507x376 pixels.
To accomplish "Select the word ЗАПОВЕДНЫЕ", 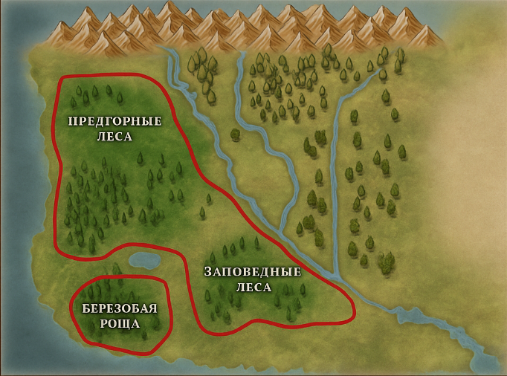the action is pyautogui.click(x=253, y=271).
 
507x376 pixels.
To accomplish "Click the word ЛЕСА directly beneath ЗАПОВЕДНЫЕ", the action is pyautogui.click(x=253, y=286).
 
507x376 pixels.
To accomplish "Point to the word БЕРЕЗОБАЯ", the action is pyautogui.click(x=120, y=309).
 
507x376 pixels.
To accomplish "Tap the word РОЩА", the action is pyautogui.click(x=120, y=324).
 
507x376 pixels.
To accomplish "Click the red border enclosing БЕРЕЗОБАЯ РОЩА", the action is pyautogui.click(x=169, y=312).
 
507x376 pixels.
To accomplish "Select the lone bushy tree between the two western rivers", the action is pyautogui.click(x=235, y=134).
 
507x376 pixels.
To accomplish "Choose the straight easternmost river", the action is pyautogui.click(x=336, y=186).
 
